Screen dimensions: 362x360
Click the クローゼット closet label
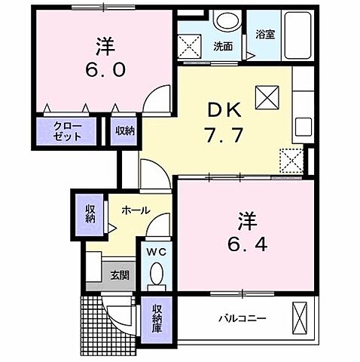coord(69,131)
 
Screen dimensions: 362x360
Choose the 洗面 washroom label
coord(222,46)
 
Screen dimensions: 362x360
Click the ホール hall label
coord(134,210)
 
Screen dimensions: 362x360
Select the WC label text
coord(156,250)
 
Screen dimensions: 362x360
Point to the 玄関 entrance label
coord(120,275)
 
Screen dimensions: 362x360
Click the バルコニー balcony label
coord(243,318)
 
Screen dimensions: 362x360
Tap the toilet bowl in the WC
coord(156,278)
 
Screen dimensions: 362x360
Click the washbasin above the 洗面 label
coord(222,20)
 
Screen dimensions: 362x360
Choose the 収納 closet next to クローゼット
coord(125,130)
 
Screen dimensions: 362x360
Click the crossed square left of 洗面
coord(189,46)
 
